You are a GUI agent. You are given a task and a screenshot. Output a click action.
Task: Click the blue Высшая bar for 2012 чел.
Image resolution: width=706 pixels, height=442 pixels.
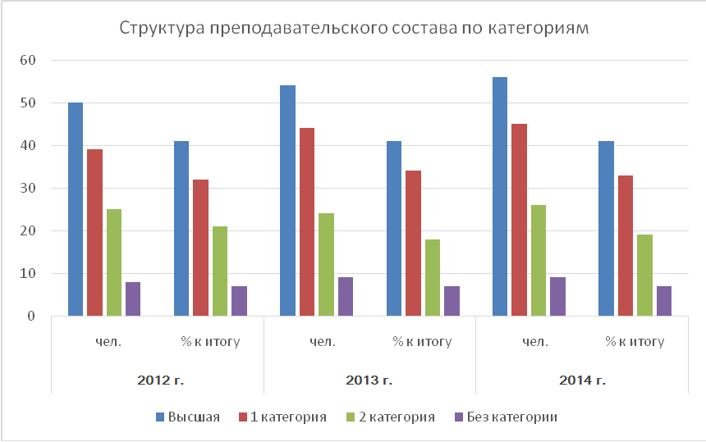pos(76,209)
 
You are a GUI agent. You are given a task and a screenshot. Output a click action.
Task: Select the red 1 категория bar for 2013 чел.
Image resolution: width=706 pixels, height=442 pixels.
pos(307,221)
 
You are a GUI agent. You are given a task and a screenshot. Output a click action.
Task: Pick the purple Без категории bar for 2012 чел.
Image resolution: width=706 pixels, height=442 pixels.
pos(133,298)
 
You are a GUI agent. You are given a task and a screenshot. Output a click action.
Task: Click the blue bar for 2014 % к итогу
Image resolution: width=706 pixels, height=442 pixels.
pos(606,228)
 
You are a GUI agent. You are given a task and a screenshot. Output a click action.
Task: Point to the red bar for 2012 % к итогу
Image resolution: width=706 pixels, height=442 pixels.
pos(201,247)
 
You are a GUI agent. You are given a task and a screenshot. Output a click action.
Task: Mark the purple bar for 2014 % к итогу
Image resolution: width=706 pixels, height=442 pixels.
pos(664,301)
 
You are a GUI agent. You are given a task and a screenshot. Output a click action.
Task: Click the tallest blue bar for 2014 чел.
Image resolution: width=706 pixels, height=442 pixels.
pos(500,196)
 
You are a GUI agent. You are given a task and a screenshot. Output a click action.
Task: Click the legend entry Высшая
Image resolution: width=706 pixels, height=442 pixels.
pos(194,417)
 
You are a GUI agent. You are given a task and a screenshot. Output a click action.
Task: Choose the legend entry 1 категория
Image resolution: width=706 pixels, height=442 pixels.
pos(287,417)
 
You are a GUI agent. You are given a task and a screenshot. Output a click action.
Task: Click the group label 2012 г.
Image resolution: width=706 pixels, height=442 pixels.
pos(158,380)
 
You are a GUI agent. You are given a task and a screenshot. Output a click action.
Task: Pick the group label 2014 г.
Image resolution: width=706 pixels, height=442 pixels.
pos(582,380)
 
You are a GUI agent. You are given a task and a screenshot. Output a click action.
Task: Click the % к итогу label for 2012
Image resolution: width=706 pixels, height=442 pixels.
pos(210,341)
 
